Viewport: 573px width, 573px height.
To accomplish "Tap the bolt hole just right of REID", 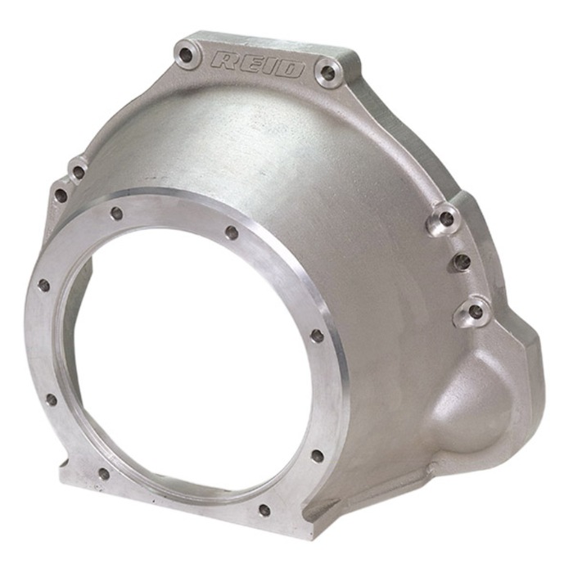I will pos(328,72).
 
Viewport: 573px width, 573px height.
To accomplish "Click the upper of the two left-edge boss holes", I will pos(78,173).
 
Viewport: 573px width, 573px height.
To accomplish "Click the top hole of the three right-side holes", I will pos(445,219).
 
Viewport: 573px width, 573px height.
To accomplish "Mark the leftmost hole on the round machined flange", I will pos(43,285).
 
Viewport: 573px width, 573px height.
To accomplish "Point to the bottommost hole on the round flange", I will pos(264,509).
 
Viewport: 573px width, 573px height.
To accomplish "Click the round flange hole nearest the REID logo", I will pos(232,232).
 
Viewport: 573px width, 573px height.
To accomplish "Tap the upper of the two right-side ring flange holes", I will pos(317,336).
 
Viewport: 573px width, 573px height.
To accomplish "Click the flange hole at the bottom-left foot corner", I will pos(104,473).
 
